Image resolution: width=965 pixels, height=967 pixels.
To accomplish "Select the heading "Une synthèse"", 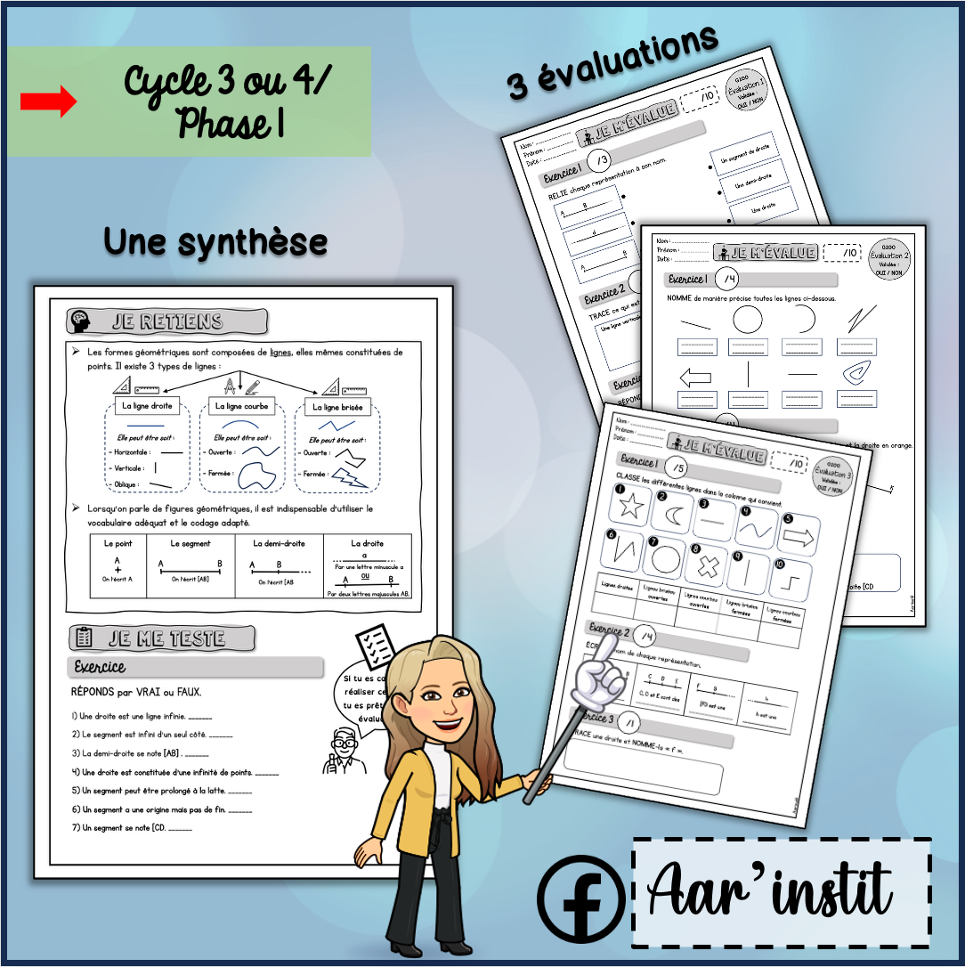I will coord(215,241).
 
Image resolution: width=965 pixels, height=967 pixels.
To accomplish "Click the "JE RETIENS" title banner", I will coord(168,321).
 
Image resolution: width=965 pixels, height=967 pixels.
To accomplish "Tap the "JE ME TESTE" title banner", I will coord(162,638).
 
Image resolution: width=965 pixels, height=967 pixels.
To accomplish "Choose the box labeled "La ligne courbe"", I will coord(240,407).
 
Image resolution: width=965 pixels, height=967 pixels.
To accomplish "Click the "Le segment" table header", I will coord(190,543).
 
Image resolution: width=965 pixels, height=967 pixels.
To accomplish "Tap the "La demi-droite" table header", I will coord(279,543).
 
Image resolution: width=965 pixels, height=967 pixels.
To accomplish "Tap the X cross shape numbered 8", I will coord(707,567).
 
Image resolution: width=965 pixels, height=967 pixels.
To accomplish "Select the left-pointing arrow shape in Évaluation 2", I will coord(696,377).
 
